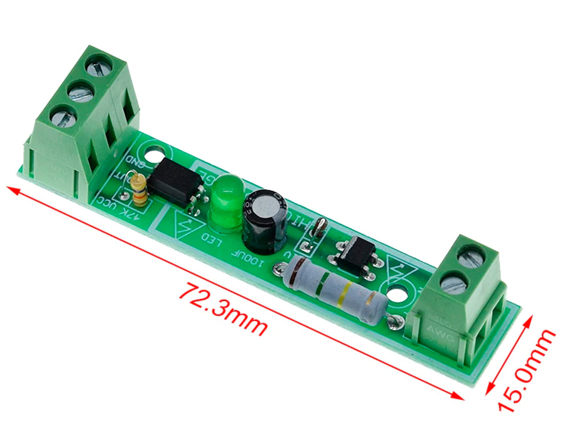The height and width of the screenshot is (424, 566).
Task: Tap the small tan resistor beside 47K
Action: (x=139, y=190)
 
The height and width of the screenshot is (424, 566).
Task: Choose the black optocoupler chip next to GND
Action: (x=175, y=181)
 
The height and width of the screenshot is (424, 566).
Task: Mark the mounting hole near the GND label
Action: (x=154, y=155)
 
